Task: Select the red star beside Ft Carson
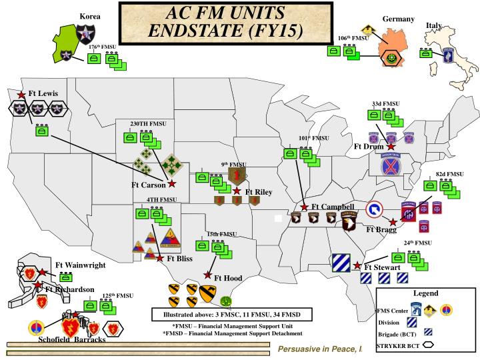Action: (x=172, y=183)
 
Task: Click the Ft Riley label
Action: (x=259, y=192)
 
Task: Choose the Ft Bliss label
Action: (x=179, y=258)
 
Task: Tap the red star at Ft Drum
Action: (x=391, y=146)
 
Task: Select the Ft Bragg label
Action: (x=381, y=230)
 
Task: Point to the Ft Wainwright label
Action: (x=80, y=265)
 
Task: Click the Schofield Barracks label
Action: (x=71, y=339)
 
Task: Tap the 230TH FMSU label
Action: (x=148, y=124)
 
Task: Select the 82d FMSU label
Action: (x=449, y=174)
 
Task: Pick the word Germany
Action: (x=399, y=19)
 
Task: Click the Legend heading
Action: (x=425, y=293)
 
